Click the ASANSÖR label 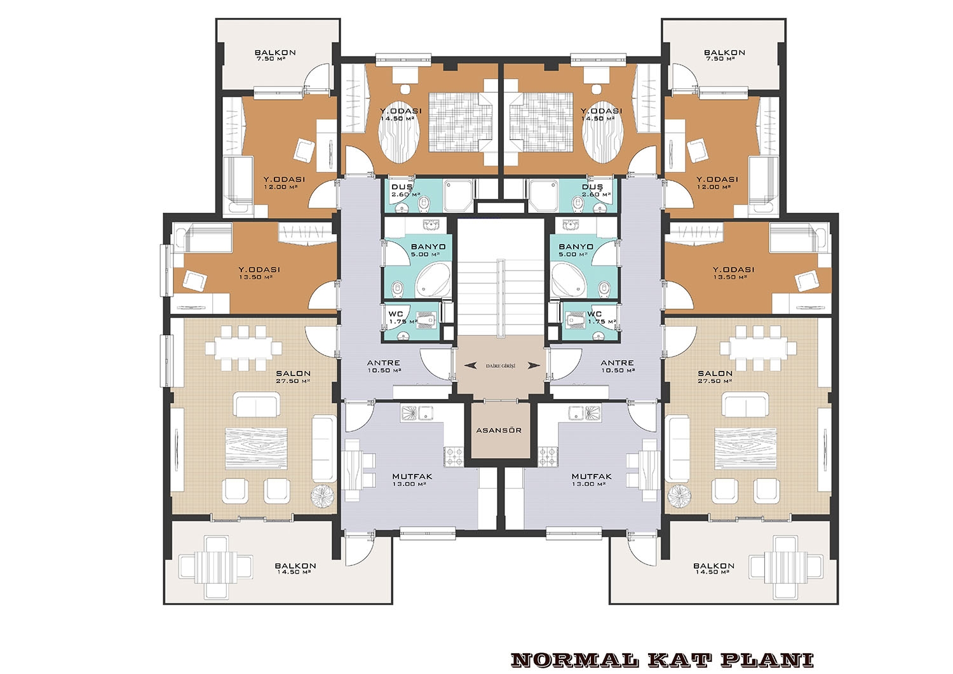499,430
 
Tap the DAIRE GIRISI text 501,366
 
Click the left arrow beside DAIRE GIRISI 470,365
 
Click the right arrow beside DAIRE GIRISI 534,365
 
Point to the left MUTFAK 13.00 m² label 412,480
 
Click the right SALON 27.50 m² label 715,377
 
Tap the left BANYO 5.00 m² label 428,250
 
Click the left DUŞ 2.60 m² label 405,191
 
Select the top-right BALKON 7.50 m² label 724,55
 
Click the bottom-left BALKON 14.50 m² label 295,569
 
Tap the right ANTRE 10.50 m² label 618,367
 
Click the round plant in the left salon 323,495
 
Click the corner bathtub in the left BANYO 433,280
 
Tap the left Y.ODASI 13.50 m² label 259,273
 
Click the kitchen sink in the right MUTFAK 585,412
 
